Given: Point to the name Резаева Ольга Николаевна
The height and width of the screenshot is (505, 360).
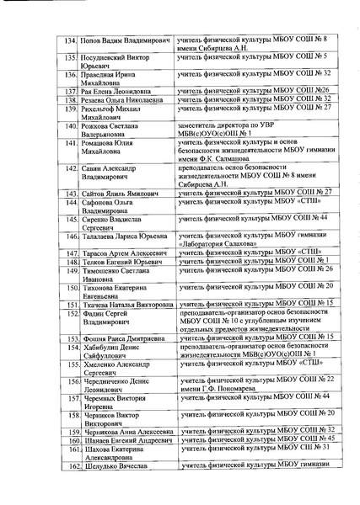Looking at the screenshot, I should pos(122,98).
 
